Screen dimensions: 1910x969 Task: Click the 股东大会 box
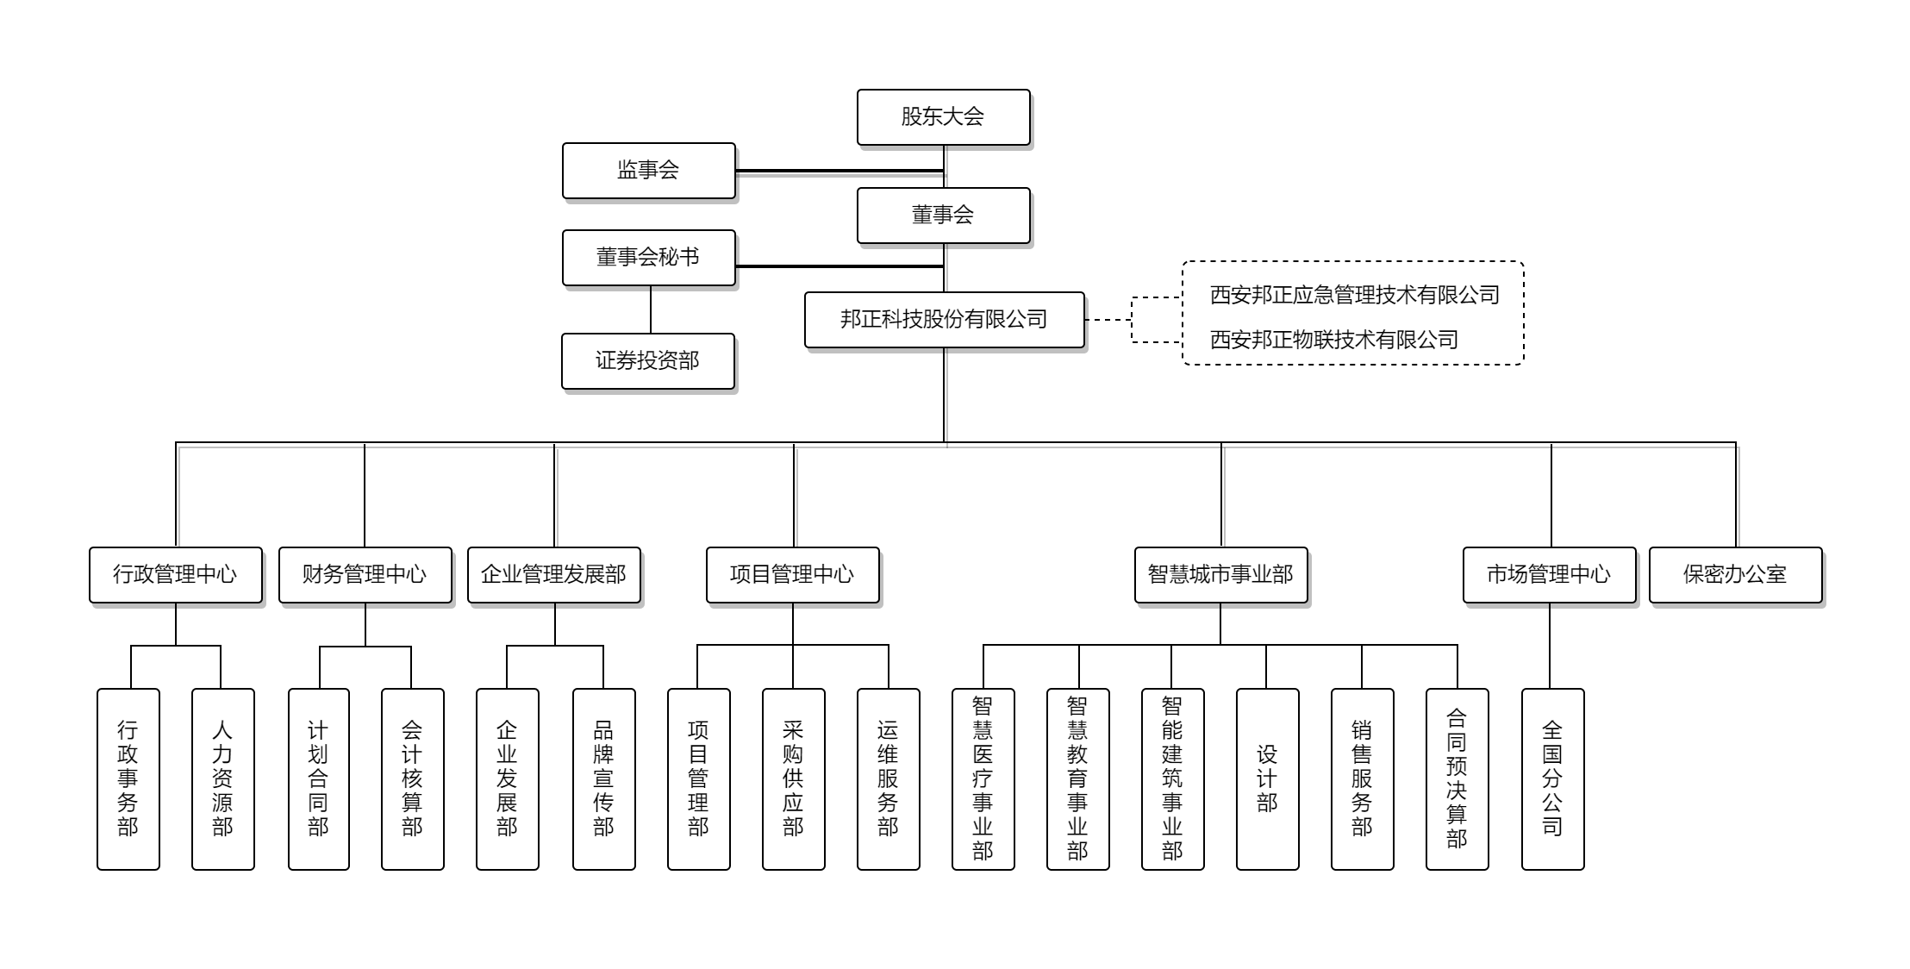point(944,117)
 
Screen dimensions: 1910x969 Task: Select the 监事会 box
point(649,171)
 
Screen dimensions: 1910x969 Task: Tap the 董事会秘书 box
point(649,258)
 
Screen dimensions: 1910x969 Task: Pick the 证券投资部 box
point(648,361)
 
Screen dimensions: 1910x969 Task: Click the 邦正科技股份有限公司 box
point(945,320)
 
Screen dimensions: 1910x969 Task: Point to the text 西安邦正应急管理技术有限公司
point(1355,295)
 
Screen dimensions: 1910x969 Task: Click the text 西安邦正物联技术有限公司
point(1334,340)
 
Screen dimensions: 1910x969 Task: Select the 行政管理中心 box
point(176,575)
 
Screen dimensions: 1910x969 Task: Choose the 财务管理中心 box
point(365,575)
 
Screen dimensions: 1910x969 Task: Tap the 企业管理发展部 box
point(554,575)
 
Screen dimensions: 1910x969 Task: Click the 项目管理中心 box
point(793,575)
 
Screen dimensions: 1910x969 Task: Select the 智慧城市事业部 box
point(1221,575)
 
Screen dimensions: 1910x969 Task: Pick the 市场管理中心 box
point(1550,575)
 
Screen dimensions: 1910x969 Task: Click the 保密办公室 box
point(1736,575)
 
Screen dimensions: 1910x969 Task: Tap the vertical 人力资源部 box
point(223,779)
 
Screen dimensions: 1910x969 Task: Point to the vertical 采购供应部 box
point(794,779)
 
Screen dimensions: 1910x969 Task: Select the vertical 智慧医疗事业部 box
point(983,779)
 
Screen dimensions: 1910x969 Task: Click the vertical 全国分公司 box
point(1553,779)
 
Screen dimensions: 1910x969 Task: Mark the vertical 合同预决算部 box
point(1457,779)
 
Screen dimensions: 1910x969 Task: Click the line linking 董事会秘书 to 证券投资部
point(651,309)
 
